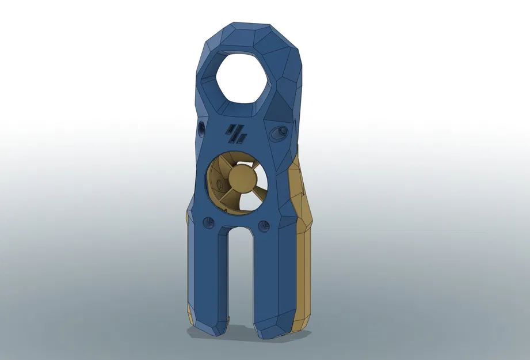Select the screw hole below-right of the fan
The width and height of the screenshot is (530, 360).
pyautogui.click(x=265, y=225)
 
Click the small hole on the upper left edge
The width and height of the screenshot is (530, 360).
pyautogui.click(x=201, y=127)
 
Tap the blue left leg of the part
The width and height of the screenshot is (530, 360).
pyautogui.click(x=208, y=276)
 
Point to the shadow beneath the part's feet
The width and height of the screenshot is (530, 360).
pyautogui.click(x=253, y=340)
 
